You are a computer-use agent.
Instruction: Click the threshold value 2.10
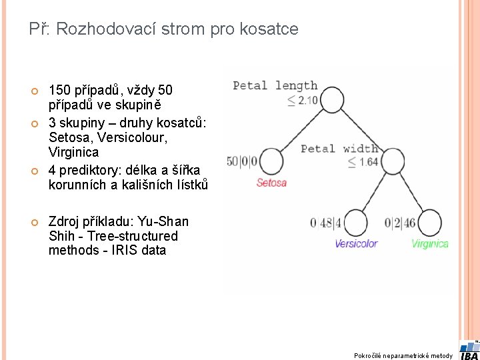click(307, 101)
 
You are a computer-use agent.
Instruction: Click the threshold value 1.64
click(368, 162)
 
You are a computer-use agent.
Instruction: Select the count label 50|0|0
click(242, 161)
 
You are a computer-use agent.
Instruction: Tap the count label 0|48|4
click(326, 223)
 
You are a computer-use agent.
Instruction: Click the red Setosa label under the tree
click(271, 183)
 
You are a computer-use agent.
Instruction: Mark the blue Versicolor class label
click(356, 243)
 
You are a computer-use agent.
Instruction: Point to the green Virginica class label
click(430, 243)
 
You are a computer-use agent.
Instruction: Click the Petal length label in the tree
click(275, 85)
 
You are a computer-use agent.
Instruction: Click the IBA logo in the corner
click(469, 350)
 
